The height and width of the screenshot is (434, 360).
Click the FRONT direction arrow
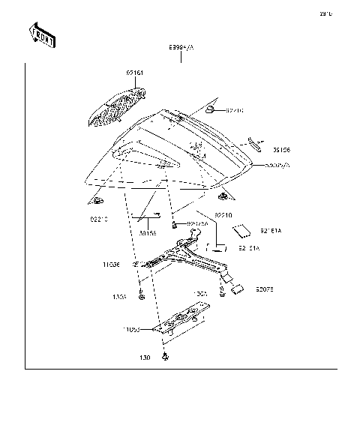click(x=42, y=34)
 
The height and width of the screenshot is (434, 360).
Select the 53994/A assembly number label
click(x=181, y=47)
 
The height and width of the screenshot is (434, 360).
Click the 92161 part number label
click(x=134, y=73)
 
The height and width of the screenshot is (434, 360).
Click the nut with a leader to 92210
click(x=212, y=110)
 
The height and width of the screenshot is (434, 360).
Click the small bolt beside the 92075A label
click(x=174, y=224)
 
